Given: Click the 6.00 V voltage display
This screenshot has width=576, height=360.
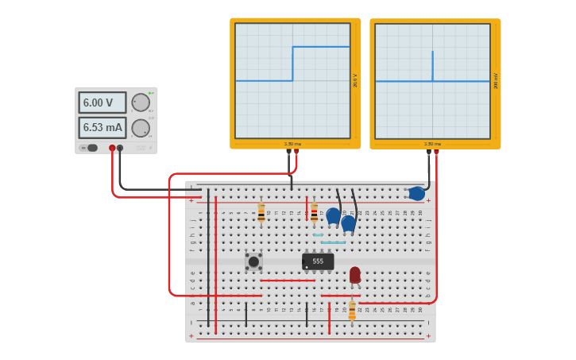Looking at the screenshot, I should coord(102,103).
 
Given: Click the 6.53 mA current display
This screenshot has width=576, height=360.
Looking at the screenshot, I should coord(102,127).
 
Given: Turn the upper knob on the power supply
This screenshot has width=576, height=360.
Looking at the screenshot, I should coord(141,103).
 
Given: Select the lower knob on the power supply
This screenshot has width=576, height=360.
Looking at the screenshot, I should coord(141,128).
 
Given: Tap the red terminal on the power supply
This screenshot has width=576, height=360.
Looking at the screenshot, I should coord(112,148).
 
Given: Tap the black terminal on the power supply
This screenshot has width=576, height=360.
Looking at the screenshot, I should coord(120,148).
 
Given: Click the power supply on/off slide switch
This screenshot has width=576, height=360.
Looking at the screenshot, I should coord(90,148).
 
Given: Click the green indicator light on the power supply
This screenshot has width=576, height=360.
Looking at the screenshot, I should coord(150,93).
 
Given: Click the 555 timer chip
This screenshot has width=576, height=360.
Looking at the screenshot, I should coord(318,261).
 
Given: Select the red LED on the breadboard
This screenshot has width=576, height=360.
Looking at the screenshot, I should coord(354,274).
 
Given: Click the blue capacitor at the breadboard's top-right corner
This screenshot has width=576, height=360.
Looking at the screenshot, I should coord(416,193).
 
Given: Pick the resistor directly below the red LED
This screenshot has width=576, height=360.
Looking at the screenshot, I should coord(352,311).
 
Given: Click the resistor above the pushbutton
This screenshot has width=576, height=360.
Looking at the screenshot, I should coord(261,213).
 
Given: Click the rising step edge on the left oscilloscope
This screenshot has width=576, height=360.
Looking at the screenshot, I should coord(292,64).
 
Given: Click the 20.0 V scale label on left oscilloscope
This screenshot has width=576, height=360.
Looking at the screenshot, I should coord(355,80).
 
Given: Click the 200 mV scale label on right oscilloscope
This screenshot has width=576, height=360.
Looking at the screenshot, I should coord(496,80).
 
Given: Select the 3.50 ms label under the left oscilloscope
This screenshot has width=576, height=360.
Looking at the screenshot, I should coord(292,144).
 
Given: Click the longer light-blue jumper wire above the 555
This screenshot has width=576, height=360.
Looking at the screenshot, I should coord(333,242).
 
